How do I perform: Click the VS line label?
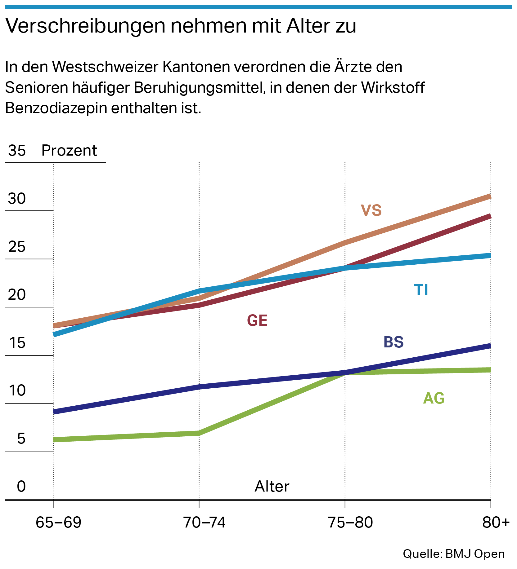pyautogui.click(x=371, y=210)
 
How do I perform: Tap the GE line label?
pyautogui.click(x=257, y=320)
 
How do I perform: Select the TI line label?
pyautogui.click(x=421, y=290)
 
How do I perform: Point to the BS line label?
pyautogui.click(x=393, y=342)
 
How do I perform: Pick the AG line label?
pyautogui.click(x=434, y=398)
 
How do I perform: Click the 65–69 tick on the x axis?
pyautogui.click(x=58, y=523)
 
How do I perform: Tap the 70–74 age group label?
pyautogui.click(x=204, y=523)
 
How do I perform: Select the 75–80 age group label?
pyautogui.click(x=350, y=523)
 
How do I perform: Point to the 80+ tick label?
pyautogui.click(x=496, y=523)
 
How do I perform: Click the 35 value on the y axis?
pyautogui.click(x=17, y=151)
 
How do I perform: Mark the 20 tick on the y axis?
pyautogui.click(x=17, y=295)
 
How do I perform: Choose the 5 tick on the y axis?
pyautogui.click(x=21, y=439)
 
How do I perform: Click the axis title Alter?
pyautogui.click(x=272, y=487)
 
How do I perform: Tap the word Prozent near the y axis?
pyautogui.click(x=69, y=151)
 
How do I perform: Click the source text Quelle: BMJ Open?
pyautogui.click(x=453, y=554)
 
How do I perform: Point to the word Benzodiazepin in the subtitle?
pyautogui.click(x=56, y=108)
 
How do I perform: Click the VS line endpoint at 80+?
pyautogui.click(x=490, y=196)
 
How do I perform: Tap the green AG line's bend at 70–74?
pyautogui.click(x=199, y=433)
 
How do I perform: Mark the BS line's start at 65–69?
pyautogui.click(x=54, y=412)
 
